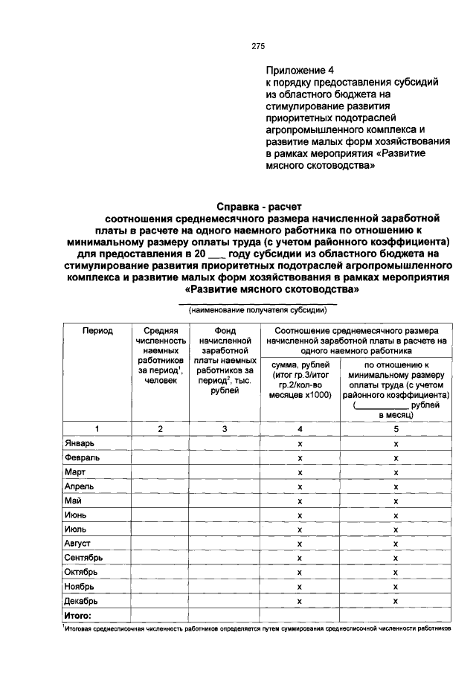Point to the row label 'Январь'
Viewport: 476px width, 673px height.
[x=79, y=444]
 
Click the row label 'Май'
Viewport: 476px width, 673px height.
[x=73, y=500]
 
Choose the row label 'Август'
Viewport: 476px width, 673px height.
[x=78, y=544]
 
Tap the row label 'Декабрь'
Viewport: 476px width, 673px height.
[x=81, y=600]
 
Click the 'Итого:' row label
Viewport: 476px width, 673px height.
[x=78, y=615]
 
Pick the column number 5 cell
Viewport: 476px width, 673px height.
[x=396, y=429]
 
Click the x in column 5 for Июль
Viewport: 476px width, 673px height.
[x=396, y=529]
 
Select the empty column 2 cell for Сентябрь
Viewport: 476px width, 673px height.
[x=159, y=558]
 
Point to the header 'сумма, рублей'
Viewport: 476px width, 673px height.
[x=300, y=364]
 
